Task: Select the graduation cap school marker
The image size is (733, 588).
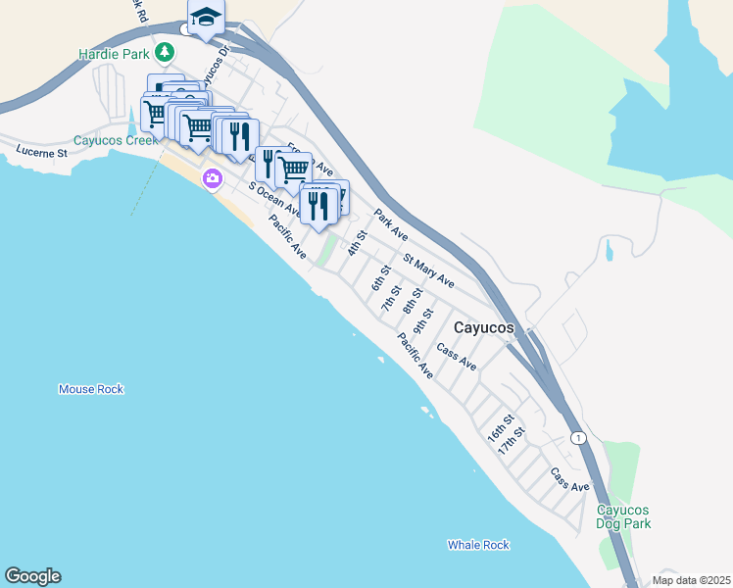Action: [206, 17]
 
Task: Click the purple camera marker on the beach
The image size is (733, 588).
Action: [212, 178]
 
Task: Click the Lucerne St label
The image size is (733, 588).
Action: [41, 153]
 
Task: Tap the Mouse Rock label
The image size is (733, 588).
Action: [91, 389]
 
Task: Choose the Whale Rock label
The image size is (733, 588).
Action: [479, 545]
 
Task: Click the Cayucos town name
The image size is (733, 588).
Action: [484, 328]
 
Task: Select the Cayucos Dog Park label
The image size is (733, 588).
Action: [624, 517]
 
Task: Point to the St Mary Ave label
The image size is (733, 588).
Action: [429, 269]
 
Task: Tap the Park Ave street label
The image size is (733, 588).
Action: [390, 224]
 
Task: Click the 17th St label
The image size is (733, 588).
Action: [512, 439]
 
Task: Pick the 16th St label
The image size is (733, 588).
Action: [501, 427]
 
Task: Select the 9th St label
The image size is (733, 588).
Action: [422, 319]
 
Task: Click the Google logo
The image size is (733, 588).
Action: [32, 576]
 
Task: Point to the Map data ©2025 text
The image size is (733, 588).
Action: [690, 580]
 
